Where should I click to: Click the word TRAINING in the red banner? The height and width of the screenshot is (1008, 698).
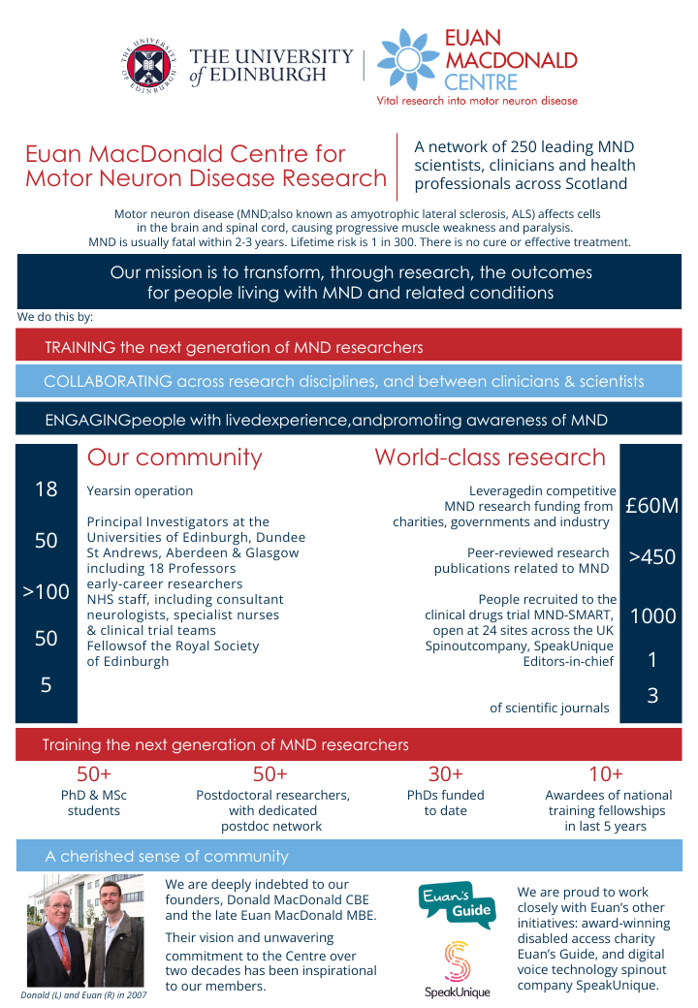[80, 347]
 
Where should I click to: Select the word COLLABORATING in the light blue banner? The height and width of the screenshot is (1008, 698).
[109, 382]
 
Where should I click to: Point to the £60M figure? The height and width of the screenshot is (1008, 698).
[651, 505]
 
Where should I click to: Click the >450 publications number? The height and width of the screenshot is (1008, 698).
[651, 557]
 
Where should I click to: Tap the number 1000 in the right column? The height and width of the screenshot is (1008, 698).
[651, 616]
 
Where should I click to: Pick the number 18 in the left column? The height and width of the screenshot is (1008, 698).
[46, 489]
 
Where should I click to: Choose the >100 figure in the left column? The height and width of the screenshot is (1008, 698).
[46, 591]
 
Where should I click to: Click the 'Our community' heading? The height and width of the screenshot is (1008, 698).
[174, 457]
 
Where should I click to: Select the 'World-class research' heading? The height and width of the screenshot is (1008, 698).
[490, 457]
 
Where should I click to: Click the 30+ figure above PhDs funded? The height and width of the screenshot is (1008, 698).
[445, 774]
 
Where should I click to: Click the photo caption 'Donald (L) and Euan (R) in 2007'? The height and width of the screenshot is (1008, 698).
[84, 994]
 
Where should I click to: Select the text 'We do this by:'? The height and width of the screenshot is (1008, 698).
[55, 317]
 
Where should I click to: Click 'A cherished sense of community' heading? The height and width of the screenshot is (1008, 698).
[167, 856]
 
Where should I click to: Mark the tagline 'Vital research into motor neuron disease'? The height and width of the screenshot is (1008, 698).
[477, 101]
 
